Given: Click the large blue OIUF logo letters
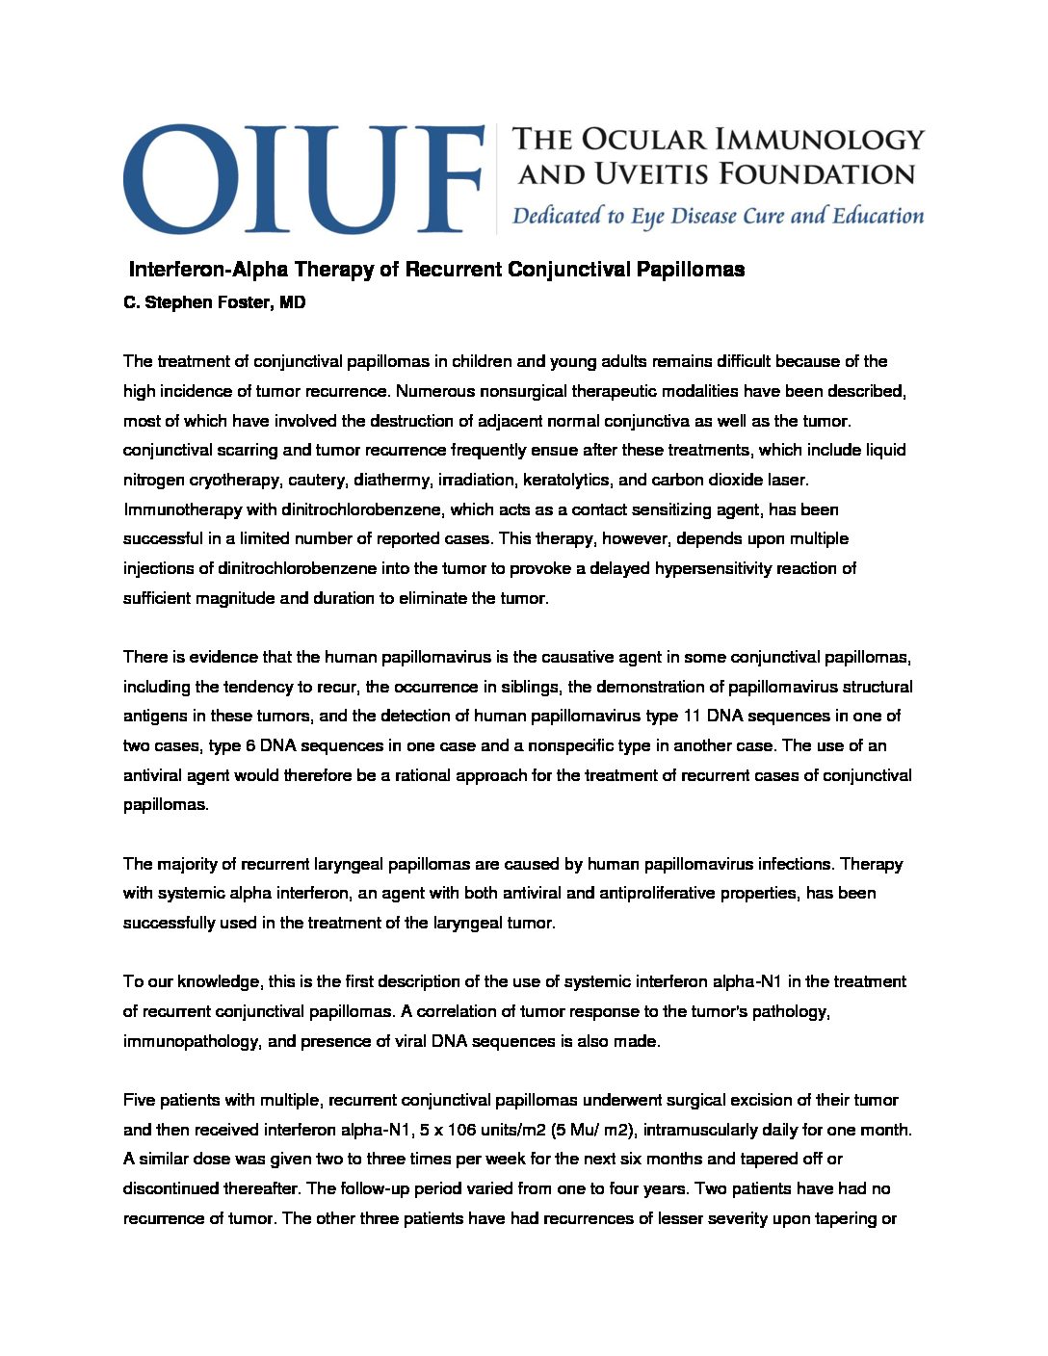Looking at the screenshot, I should click(302, 178).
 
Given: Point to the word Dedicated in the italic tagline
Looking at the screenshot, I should click(558, 216).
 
